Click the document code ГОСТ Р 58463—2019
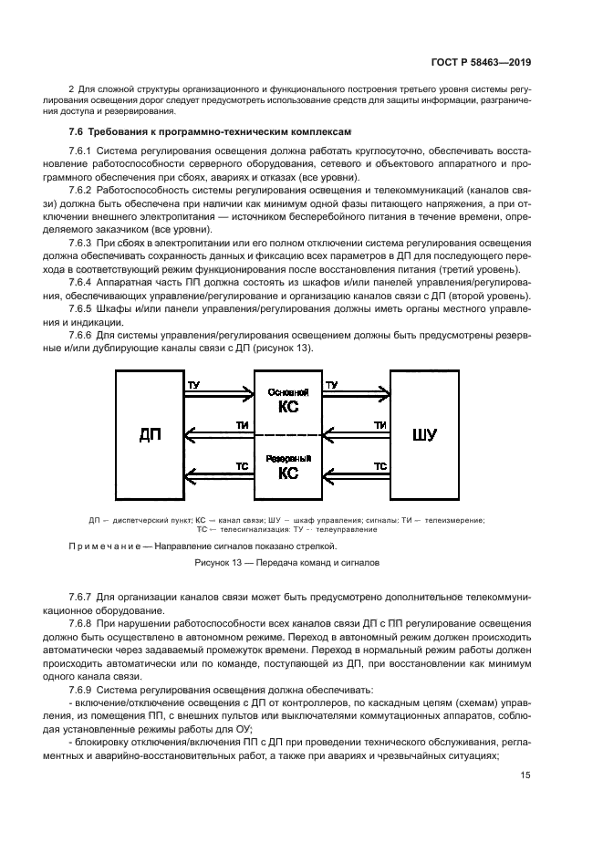481,62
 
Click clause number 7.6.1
82,150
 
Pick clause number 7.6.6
82,335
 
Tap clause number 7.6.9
82,691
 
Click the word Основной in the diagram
287,391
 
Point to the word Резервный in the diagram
287,458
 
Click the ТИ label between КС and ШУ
381,425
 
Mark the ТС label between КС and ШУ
381,465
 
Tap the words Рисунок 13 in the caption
221,564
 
